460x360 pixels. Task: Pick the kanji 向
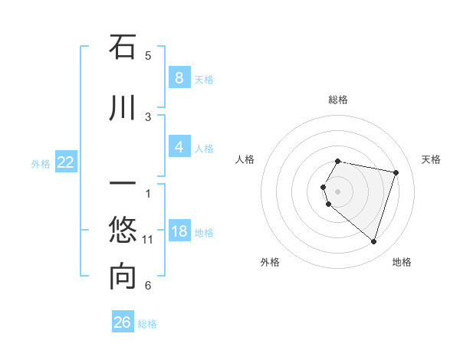pos(123,277)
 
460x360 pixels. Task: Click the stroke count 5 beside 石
pos(148,55)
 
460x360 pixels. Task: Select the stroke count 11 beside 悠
pos(149,240)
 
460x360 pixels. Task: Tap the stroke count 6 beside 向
pos(148,286)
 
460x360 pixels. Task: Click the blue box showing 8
pos(179,77)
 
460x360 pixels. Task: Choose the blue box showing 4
pos(179,146)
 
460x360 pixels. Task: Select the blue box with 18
pos(179,231)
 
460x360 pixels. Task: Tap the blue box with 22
pos(66,162)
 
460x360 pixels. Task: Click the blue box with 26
pos(123,322)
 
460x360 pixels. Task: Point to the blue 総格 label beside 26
pos(147,324)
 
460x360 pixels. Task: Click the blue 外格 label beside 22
pos(41,163)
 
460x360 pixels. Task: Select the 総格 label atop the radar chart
pos(338,100)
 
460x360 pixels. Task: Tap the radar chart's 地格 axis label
pos(402,262)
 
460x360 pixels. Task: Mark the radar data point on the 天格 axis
pos(396,172)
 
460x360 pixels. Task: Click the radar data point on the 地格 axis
pos(373,242)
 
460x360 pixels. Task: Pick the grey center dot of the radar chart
pos(338,191)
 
